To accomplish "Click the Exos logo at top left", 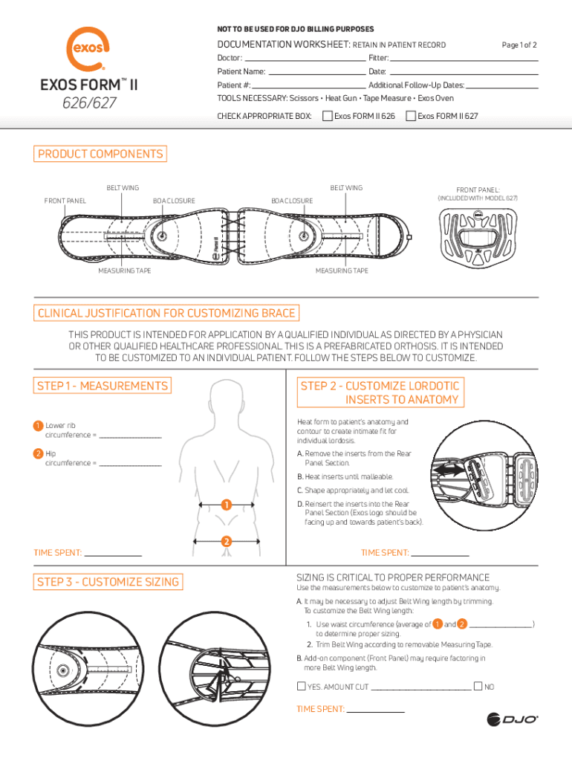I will point(88,49).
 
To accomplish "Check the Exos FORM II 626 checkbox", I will point(327,116).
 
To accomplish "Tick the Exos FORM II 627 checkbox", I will point(410,116).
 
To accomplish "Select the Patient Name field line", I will point(316,73).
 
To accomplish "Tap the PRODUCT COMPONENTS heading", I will point(100,155).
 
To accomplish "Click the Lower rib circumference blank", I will point(130,435).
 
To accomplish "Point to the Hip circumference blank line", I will point(130,464).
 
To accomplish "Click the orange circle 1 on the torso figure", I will point(224,506).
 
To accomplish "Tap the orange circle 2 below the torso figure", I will point(224,540).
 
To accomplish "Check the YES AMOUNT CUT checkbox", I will point(301,687).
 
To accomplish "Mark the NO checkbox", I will point(478,687).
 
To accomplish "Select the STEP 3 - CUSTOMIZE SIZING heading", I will point(107,582).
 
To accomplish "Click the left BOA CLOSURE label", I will point(174,201).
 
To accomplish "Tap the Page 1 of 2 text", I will point(519,45).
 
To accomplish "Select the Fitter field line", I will point(464,59).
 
